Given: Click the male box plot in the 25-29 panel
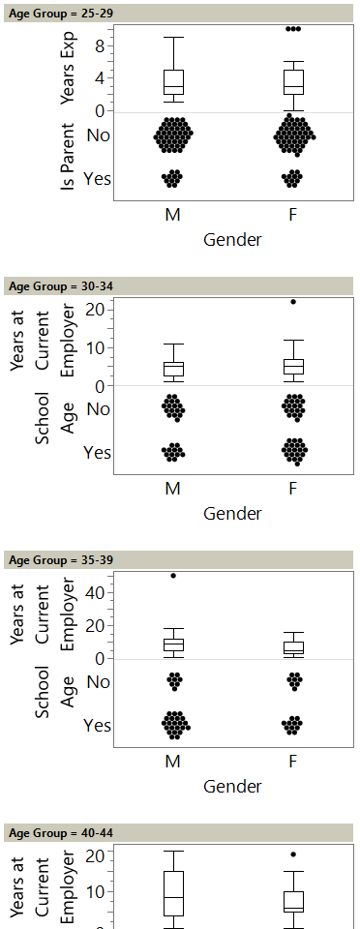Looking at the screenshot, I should point(173,84).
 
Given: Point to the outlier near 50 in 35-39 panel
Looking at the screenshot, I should point(173,576).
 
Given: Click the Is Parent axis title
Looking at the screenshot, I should point(68,157).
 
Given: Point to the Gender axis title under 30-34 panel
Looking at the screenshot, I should point(232,514).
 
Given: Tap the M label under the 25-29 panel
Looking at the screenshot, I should point(173,215).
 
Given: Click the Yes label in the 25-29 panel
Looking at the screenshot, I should point(97,179).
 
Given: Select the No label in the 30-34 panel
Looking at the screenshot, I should point(98,409).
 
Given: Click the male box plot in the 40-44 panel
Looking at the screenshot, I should point(173,892).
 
